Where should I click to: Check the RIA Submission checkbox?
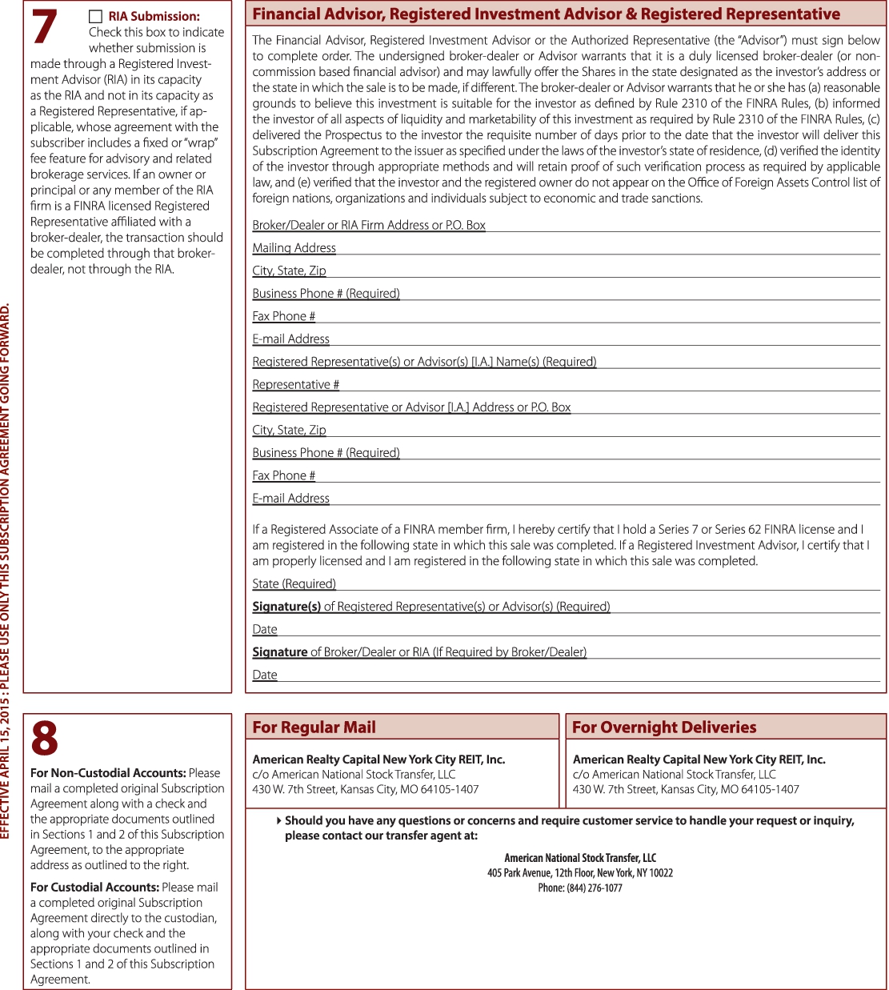(x=95, y=17)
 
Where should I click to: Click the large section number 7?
(x=44, y=26)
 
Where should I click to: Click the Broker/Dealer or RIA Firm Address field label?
(x=369, y=225)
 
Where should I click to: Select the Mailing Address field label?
(x=294, y=248)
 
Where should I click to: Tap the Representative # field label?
(x=295, y=385)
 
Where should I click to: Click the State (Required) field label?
(x=294, y=584)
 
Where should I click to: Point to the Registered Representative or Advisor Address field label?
(x=411, y=407)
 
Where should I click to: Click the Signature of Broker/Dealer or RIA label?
(x=419, y=652)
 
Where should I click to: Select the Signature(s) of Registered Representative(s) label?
(x=430, y=607)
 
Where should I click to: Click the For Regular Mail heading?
(x=314, y=727)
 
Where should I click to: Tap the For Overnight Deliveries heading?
(x=664, y=727)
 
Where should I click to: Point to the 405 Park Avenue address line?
(x=580, y=873)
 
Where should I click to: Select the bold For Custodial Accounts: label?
(x=94, y=888)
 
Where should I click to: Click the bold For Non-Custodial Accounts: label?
(x=108, y=773)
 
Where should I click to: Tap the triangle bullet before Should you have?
(x=278, y=820)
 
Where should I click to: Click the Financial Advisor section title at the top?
(x=546, y=14)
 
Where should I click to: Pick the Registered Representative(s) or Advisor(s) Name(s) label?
(x=424, y=362)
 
